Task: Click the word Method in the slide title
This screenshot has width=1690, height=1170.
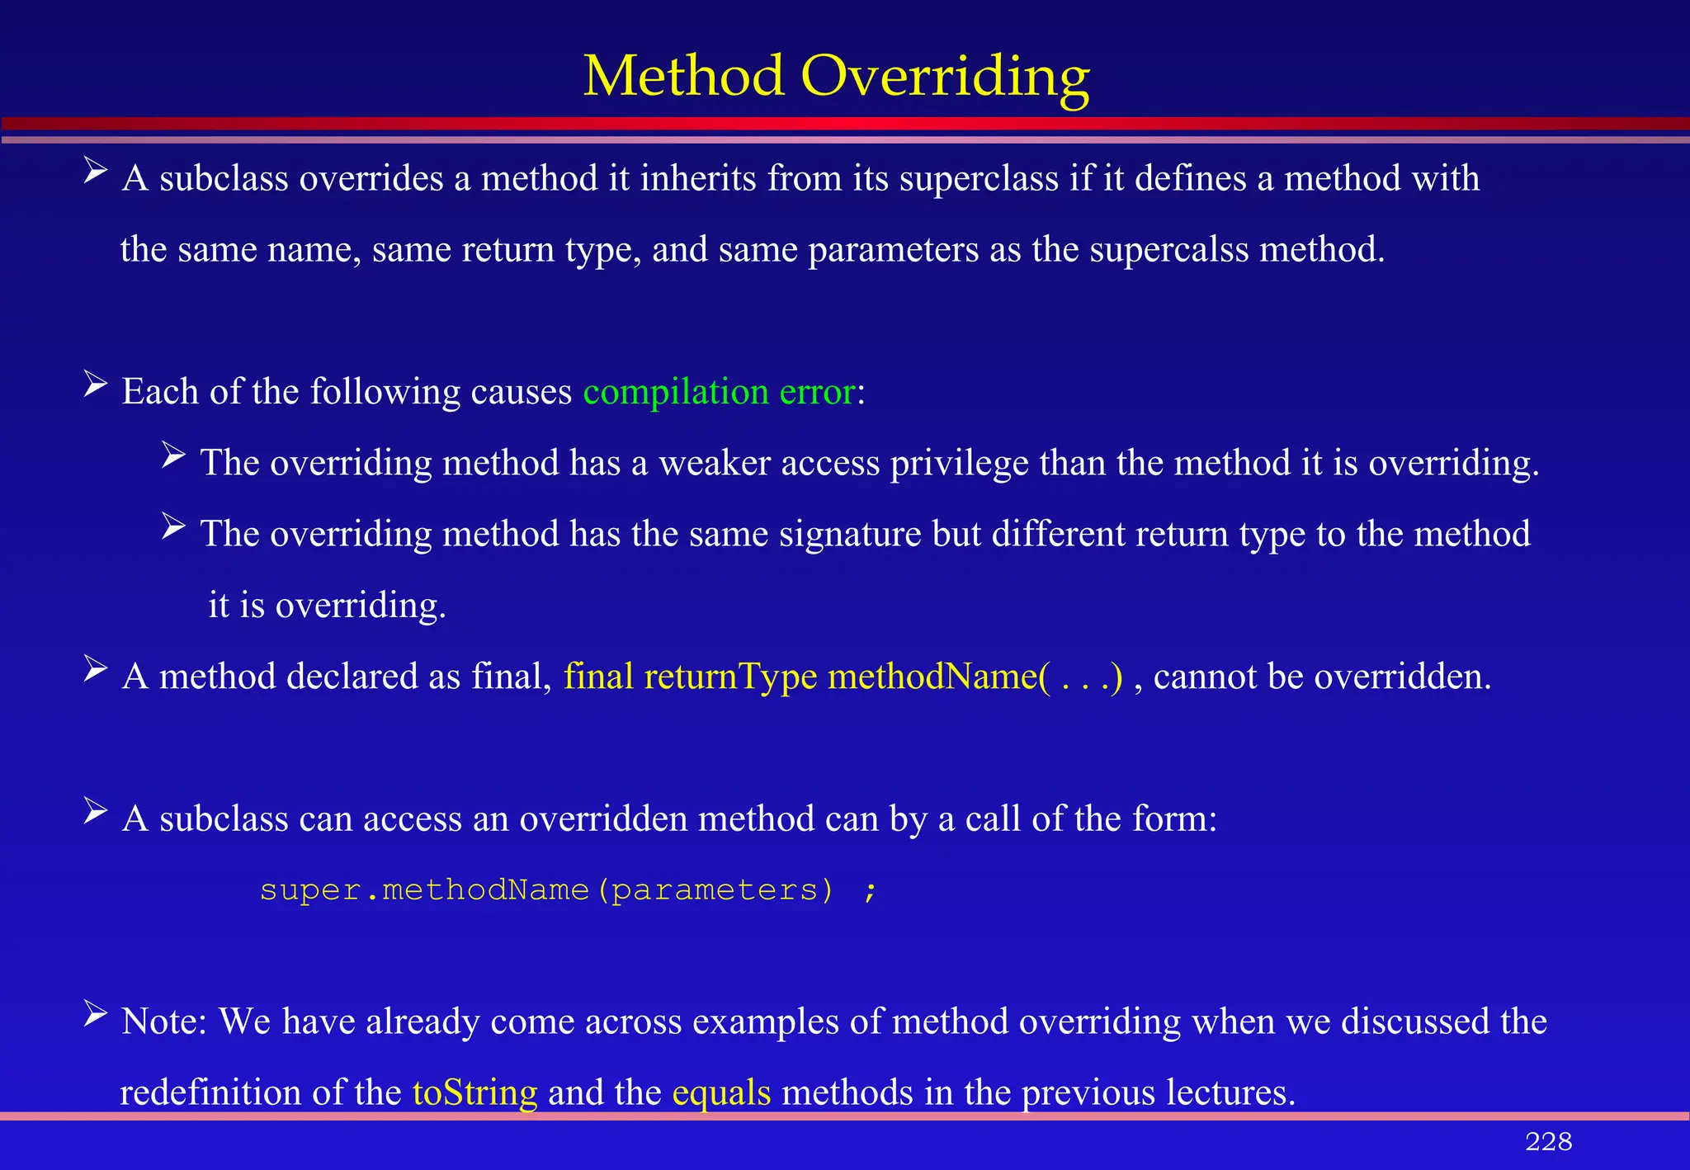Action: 684,76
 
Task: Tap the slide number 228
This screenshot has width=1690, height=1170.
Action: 1548,1141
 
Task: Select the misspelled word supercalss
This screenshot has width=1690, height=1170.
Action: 1168,249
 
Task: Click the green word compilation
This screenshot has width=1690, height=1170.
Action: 676,392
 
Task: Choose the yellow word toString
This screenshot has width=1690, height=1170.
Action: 474,1092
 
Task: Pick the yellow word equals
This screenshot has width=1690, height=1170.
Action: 721,1092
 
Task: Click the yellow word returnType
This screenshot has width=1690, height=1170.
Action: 730,677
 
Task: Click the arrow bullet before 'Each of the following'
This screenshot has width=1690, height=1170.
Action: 96,384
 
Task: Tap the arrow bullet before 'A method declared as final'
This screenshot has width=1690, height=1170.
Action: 96,669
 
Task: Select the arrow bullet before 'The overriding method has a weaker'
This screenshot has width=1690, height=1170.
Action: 174,455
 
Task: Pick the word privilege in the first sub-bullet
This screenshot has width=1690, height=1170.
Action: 959,463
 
